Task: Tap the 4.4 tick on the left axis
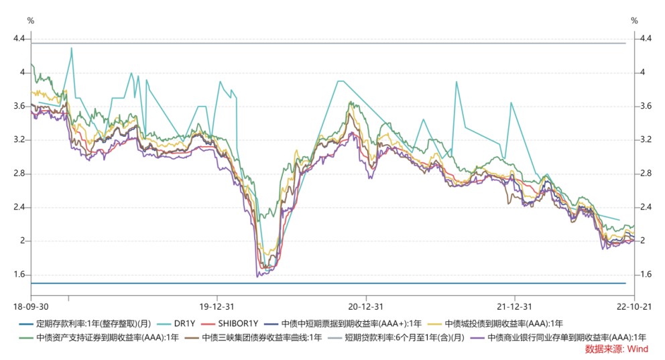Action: [x=19, y=39]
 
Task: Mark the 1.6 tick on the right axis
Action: [x=646, y=275]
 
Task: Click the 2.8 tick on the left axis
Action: [x=19, y=174]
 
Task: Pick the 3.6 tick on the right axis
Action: [x=646, y=106]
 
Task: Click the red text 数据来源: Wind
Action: [x=621, y=349]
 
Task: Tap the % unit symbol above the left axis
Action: [x=31, y=20]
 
